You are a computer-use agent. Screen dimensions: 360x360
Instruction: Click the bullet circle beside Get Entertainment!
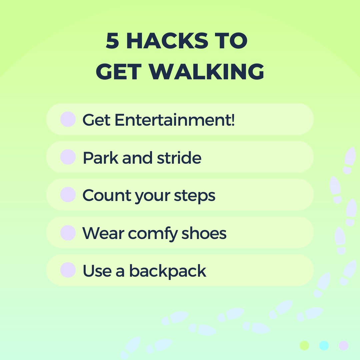pyautogui.click(x=68, y=119)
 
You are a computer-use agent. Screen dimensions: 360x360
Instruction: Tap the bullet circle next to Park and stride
pyautogui.click(x=68, y=157)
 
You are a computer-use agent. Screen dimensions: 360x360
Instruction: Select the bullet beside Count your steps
pyautogui.click(x=68, y=195)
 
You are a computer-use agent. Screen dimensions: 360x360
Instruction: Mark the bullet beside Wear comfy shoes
pyautogui.click(x=68, y=233)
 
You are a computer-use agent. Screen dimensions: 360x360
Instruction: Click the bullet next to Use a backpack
pyautogui.click(x=68, y=270)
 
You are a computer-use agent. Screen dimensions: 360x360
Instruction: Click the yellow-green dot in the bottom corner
pyautogui.click(x=304, y=345)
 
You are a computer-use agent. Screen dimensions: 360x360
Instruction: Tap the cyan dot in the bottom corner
pyautogui.click(x=324, y=345)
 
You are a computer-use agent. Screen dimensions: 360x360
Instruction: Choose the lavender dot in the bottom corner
pyautogui.click(x=343, y=345)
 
